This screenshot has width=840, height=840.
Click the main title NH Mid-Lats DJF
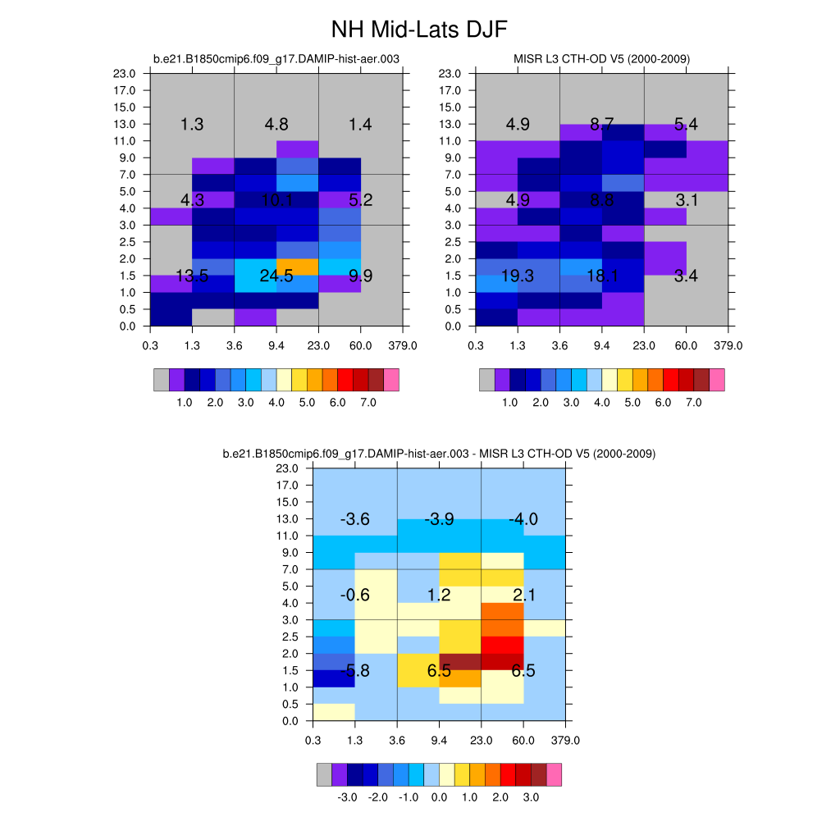tap(419, 30)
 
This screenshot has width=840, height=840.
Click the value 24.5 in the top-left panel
tap(276, 276)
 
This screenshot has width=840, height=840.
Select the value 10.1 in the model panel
tap(276, 200)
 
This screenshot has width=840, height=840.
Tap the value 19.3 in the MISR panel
tap(518, 276)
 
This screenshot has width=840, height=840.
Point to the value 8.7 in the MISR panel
tap(602, 125)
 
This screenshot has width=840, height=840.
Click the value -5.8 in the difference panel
tap(355, 671)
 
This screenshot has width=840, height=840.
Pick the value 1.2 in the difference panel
tap(439, 595)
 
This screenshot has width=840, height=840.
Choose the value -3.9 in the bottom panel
tap(439, 519)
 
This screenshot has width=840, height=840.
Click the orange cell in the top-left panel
tap(297, 267)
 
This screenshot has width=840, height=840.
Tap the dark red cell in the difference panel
tap(460, 662)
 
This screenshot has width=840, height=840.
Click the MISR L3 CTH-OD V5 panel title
tap(601, 59)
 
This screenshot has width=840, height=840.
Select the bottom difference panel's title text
tap(438, 454)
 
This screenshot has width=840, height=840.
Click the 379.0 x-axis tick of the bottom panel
tap(565, 740)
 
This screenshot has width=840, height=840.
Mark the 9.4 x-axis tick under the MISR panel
tap(601, 345)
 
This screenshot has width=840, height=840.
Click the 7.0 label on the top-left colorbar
tap(368, 403)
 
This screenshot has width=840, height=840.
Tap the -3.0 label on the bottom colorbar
tap(347, 797)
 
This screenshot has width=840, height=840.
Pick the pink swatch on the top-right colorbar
tap(717, 380)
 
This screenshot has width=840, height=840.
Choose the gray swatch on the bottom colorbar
tap(325, 774)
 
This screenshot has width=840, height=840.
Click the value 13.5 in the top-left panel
tap(192, 276)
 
